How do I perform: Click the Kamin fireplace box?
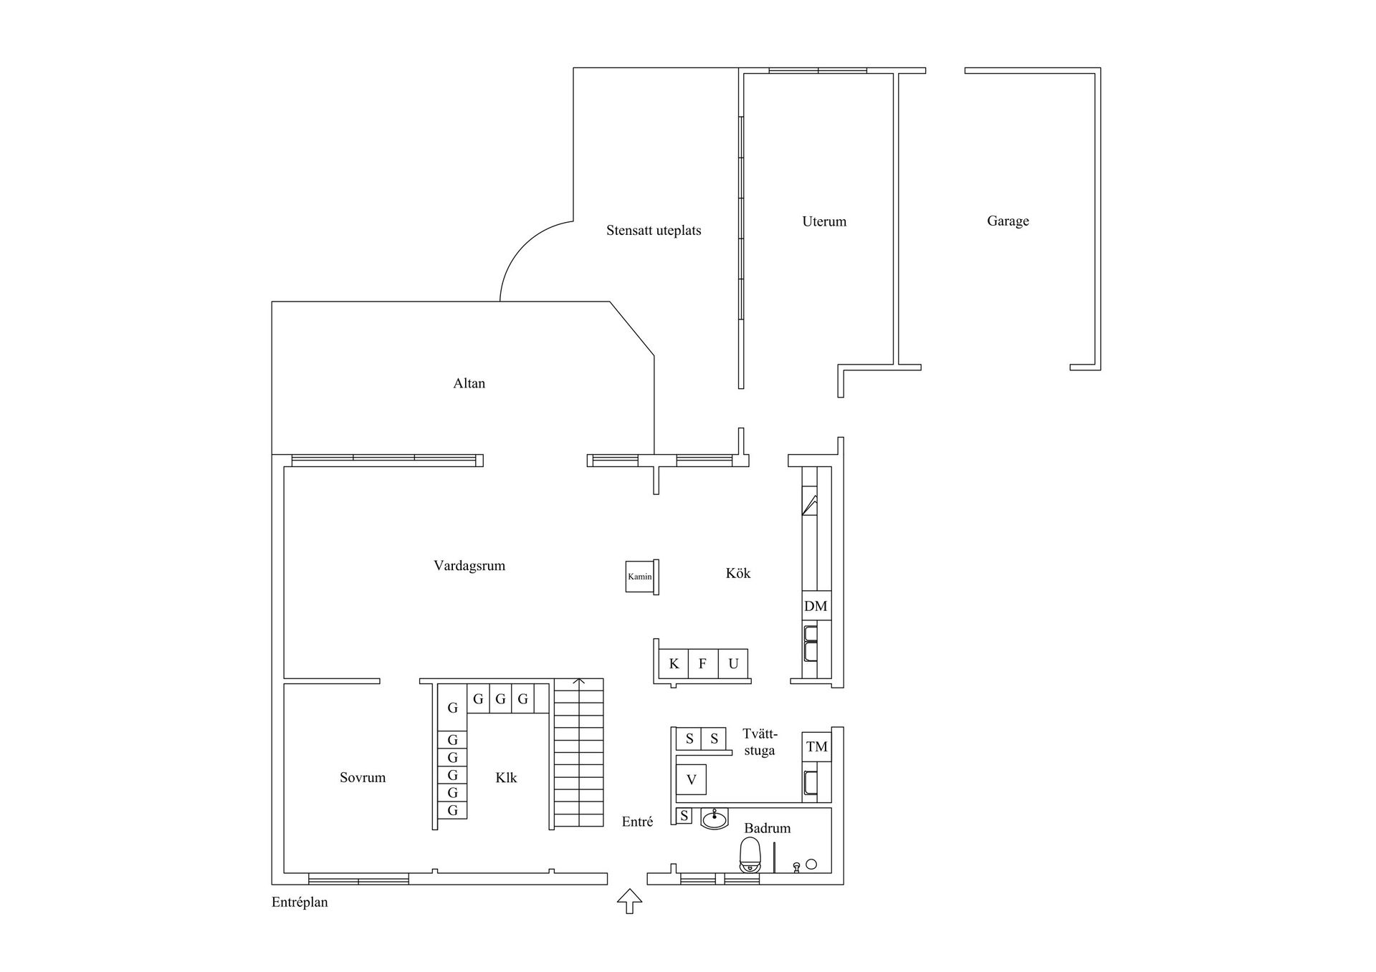click(639, 577)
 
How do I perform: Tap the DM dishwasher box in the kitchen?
click(816, 606)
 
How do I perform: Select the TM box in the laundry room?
click(816, 747)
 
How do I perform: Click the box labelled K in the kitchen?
click(674, 664)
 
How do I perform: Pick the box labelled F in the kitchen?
click(703, 664)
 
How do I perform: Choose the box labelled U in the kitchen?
click(733, 664)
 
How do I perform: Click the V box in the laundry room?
click(692, 779)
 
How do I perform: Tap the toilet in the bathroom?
click(750, 855)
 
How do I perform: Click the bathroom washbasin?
click(715, 818)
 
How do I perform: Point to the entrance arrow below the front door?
click(629, 901)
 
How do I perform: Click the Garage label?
click(1008, 221)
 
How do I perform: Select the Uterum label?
click(824, 221)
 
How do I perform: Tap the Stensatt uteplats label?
click(654, 231)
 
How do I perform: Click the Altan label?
click(469, 383)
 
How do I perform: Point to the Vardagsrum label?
click(469, 566)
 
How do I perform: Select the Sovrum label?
click(363, 778)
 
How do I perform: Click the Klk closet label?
click(506, 778)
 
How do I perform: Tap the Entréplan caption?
click(300, 903)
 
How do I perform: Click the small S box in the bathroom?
click(684, 816)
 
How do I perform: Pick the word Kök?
click(738, 573)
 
